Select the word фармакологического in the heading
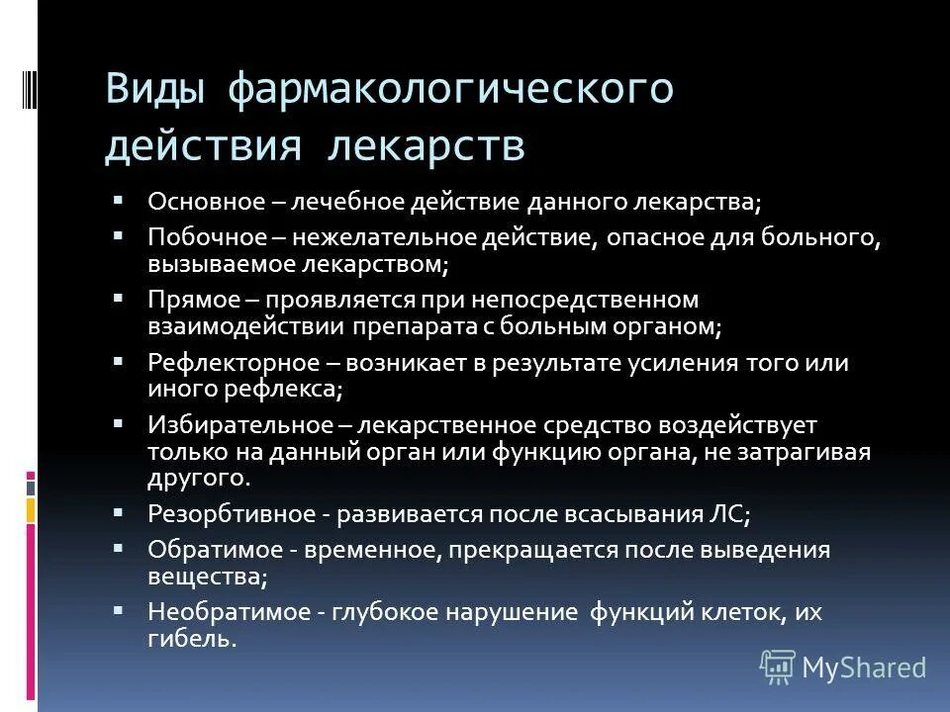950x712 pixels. pos(451,90)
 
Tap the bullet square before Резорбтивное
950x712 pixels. pos(118,513)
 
